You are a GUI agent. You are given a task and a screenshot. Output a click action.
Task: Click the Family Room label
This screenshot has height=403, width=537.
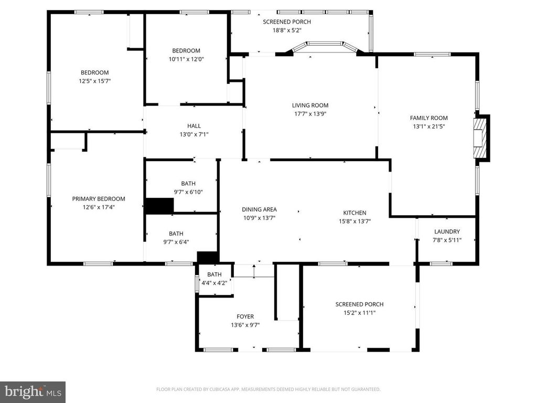[x=428, y=118]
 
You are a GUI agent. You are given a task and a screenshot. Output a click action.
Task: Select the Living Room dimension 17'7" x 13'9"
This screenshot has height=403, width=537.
[x=310, y=113]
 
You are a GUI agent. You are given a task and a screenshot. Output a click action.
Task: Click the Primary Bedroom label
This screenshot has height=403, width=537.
[x=99, y=199]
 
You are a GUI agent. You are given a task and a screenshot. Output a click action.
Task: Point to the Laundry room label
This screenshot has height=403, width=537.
[x=447, y=231]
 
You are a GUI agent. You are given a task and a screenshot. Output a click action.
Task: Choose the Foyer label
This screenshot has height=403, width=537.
[x=245, y=316]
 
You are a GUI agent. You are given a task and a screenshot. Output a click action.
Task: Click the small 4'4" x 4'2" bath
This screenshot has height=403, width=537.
[x=214, y=279]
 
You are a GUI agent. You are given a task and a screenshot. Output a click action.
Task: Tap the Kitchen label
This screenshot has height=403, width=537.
[x=355, y=213]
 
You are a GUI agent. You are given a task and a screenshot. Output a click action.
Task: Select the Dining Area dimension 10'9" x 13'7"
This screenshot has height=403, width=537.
[x=259, y=218]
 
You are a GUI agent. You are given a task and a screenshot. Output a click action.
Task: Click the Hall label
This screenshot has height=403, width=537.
[x=194, y=126]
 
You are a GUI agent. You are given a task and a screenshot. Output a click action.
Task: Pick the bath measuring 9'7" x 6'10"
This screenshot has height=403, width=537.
[x=188, y=187]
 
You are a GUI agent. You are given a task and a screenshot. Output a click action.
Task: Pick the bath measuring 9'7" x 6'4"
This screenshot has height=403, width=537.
[x=176, y=238]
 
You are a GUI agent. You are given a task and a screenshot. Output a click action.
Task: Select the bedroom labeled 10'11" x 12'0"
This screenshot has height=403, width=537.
[x=186, y=55]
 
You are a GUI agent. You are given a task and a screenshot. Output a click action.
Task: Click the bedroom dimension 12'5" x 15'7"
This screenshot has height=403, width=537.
[x=94, y=81]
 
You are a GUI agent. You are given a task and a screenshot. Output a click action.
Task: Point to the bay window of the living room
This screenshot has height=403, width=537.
[x=325, y=46]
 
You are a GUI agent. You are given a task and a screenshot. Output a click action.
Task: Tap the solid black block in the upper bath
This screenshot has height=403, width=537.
[x=159, y=206]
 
